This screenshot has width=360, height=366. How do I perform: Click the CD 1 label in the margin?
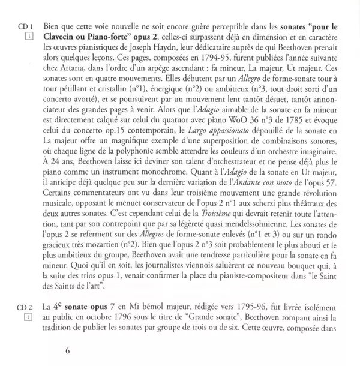pos(25,26)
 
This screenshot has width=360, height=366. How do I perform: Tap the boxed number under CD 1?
pos(28,37)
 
